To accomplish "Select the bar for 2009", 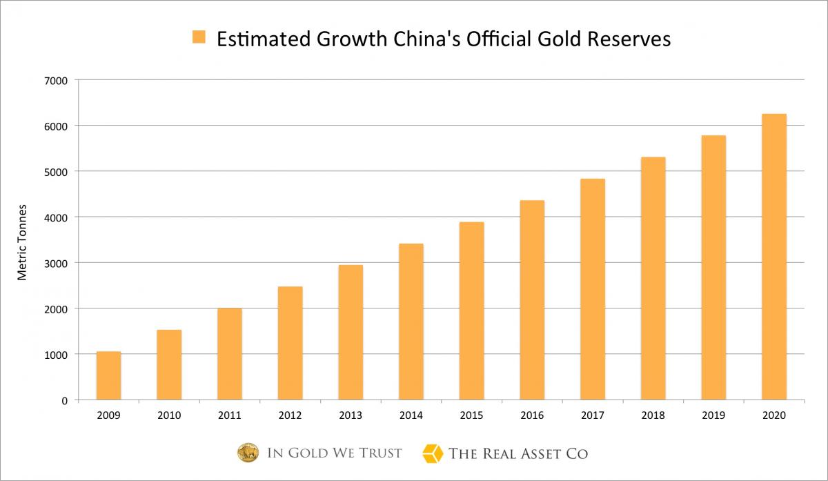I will pyautogui.click(x=108, y=375).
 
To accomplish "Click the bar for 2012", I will pyautogui.click(x=290, y=343).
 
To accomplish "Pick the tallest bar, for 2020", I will pyautogui.click(x=773, y=257).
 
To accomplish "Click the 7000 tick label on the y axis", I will pyautogui.click(x=57, y=80).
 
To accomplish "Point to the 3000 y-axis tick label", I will pyautogui.click(x=57, y=263).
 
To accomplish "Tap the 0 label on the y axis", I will pyautogui.click(x=64, y=400).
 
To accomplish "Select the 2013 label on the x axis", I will pyautogui.click(x=351, y=415).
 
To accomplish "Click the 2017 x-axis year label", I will pyautogui.click(x=592, y=415).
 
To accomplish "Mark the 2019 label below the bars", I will pyautogui.click(x=713, y=415).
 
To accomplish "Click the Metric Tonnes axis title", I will pyautogui.click(x=22, y=242).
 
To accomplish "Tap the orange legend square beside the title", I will pyautogui.click(x=199, y=37).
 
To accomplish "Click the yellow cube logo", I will pyautogui.click(x=432, y=453).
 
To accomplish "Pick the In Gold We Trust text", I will pyautogui.click(x=334, y=453).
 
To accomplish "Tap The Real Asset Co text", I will pyautogui.click(x=518, y=453).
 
